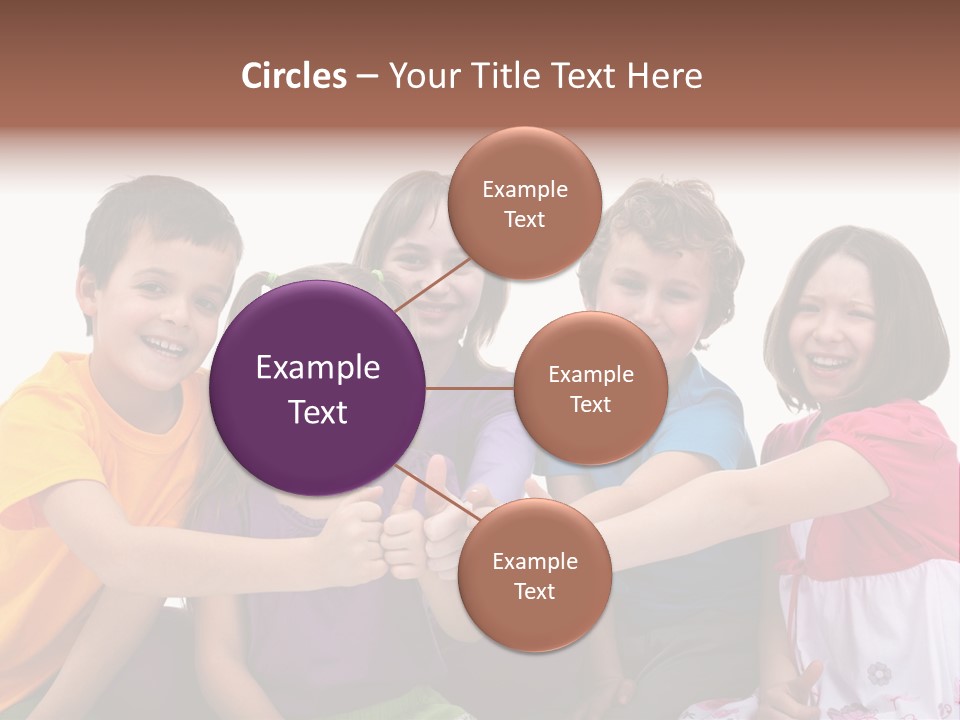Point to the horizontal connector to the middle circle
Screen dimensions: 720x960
[470, 388]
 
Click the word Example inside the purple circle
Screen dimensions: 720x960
[318, 368]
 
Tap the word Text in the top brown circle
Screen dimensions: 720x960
[524, 220]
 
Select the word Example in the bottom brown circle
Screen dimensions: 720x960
[534, 562]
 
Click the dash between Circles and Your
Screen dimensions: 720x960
[366, 77]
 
